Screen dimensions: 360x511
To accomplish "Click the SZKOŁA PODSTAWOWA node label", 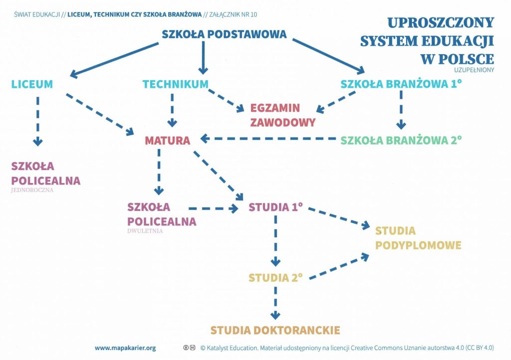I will (x=224, y=34).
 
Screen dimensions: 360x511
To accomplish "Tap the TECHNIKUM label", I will (x=175, y=84).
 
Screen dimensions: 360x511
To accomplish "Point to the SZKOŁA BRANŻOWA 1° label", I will (x=401, y=84).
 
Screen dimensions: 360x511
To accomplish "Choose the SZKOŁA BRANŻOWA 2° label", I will (x=401, y=140).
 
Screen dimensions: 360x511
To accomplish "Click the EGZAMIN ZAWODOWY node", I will (x=276, y=115).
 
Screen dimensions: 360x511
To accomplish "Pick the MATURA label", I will (x=168, y=141).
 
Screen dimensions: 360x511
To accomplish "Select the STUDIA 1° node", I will (x=276, y=206).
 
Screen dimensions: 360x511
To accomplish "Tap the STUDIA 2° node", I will (x=276, y=277).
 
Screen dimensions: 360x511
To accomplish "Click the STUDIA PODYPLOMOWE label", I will (x=418, y=238).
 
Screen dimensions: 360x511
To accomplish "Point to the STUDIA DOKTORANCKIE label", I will (x=275, y=330).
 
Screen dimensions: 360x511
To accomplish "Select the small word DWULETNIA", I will (x=145, y=231).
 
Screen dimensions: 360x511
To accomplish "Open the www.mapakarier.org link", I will (x=125, y=348).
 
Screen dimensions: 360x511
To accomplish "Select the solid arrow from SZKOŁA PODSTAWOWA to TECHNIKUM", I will (x=203, y=57).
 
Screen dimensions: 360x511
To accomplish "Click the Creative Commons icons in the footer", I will (x=190, y=348).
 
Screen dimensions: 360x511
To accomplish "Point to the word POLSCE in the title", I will (x=457, y=57).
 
